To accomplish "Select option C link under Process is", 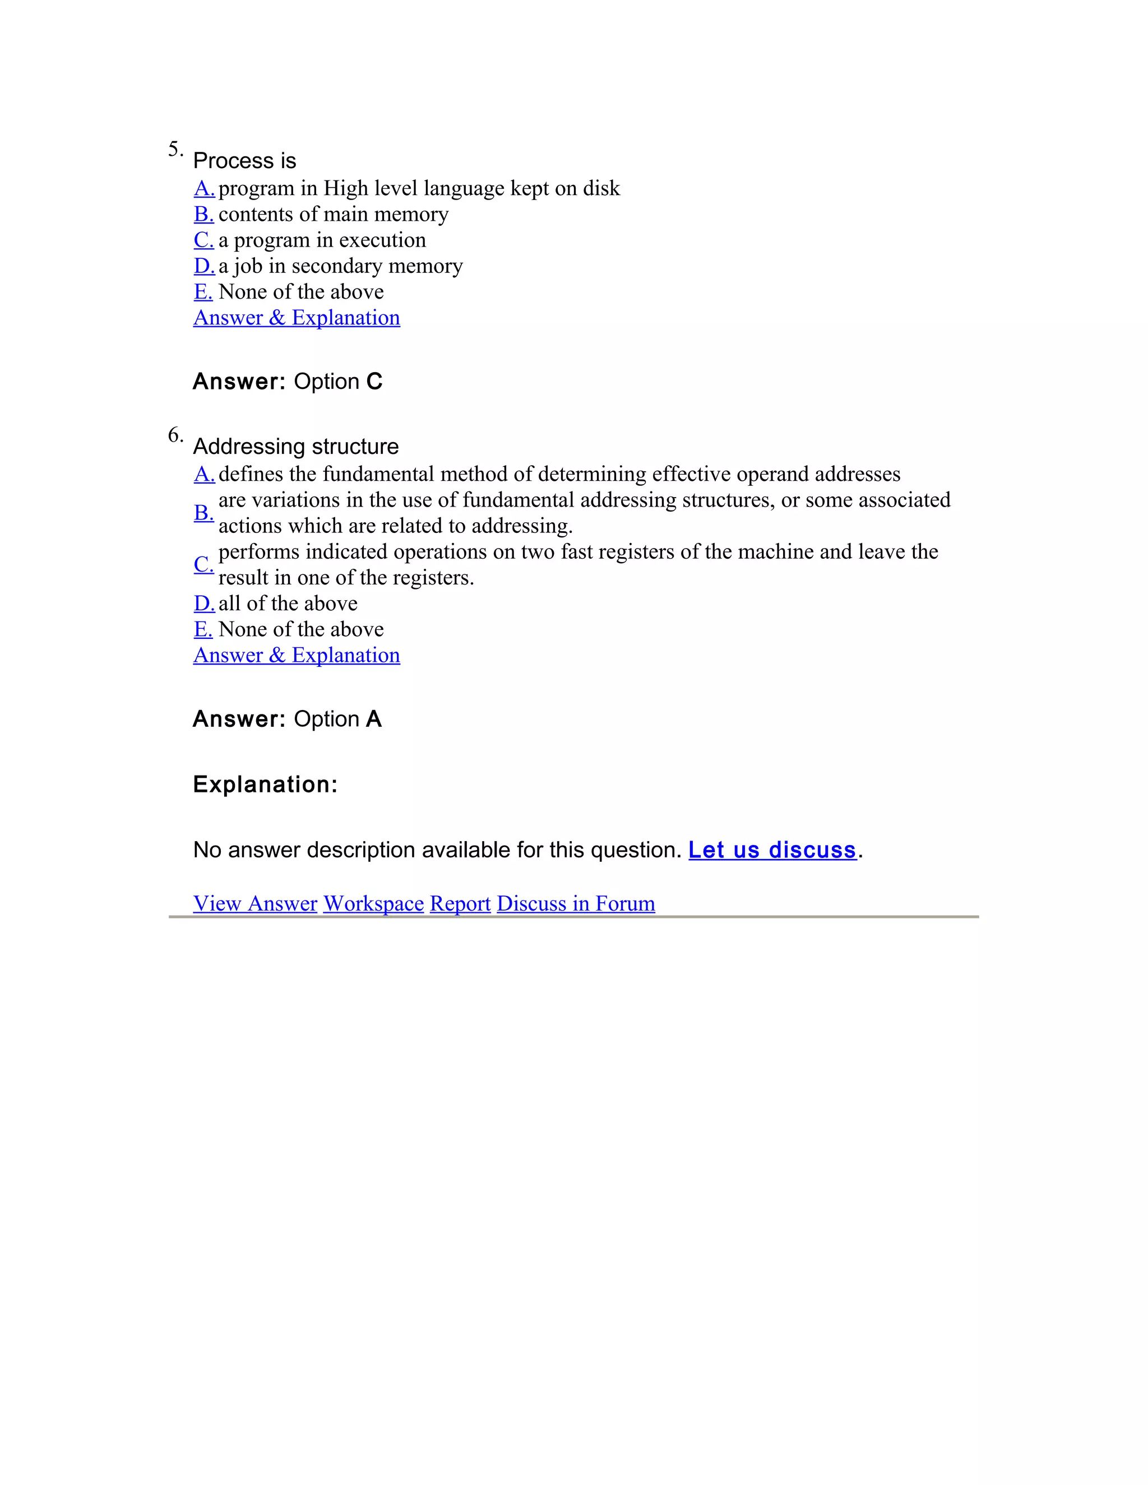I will (203, 240).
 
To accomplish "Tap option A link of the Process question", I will (204, 188).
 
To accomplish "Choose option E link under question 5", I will (203, 292).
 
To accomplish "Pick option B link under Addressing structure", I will (203, 513).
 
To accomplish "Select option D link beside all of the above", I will (204, 603).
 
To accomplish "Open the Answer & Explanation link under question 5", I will (297, 318).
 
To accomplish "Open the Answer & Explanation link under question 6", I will (297, 655).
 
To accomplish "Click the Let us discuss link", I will (772, 850).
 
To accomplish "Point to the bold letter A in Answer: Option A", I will (373, 719).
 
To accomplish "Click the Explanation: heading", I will (265, 784).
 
